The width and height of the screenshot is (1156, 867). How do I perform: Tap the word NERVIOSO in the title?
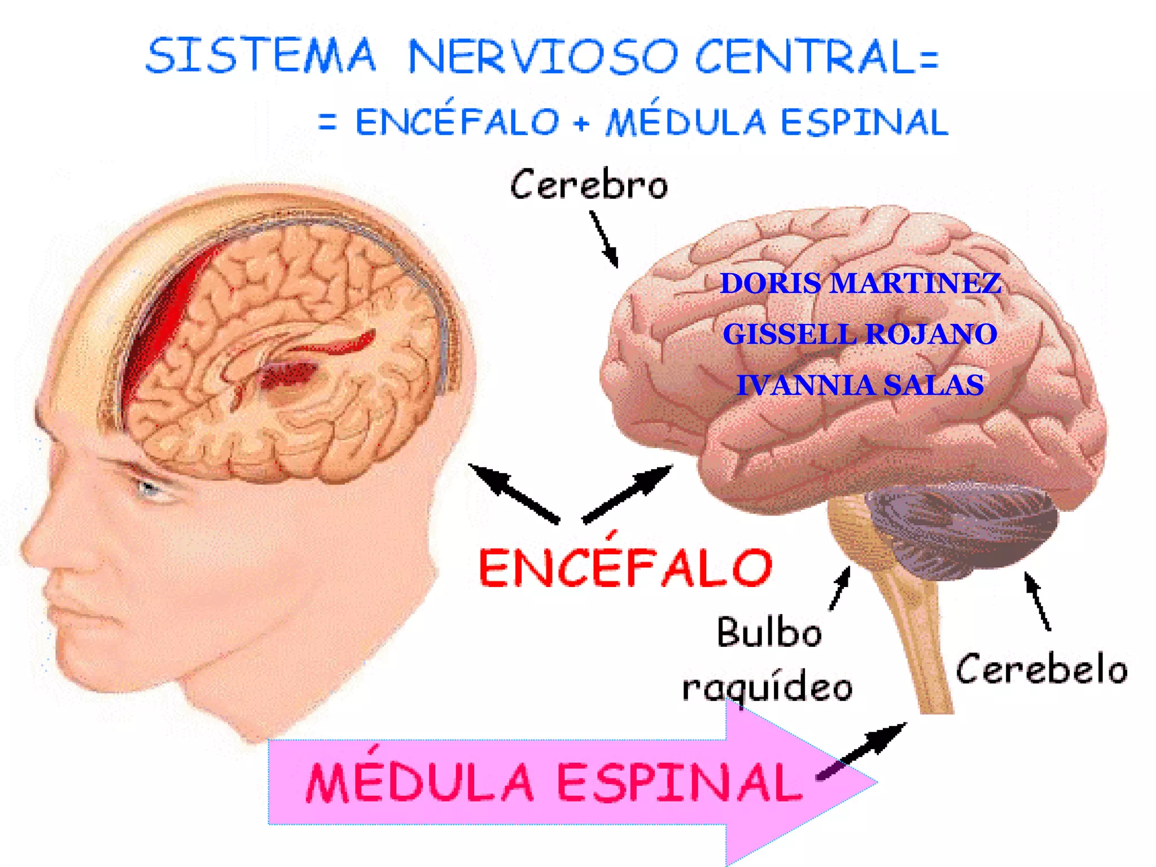click(543, 56)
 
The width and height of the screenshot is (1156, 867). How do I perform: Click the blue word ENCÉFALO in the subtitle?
click(457, 121)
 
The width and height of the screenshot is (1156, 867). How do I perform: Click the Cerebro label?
click(589, 185)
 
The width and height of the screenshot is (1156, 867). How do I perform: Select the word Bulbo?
click(769, 632)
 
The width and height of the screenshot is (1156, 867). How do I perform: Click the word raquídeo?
click(767, 688)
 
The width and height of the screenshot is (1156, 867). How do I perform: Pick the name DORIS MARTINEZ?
click(861, 283)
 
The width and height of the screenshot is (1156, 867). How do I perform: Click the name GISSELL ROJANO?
click(860, 334)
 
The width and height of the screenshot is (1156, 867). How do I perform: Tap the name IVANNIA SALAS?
click(860, 385)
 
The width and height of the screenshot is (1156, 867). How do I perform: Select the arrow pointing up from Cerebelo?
click(1037, 601)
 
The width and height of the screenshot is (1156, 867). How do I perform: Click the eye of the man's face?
click(148, 487)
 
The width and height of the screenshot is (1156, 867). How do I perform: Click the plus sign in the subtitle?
click(581, 122)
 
